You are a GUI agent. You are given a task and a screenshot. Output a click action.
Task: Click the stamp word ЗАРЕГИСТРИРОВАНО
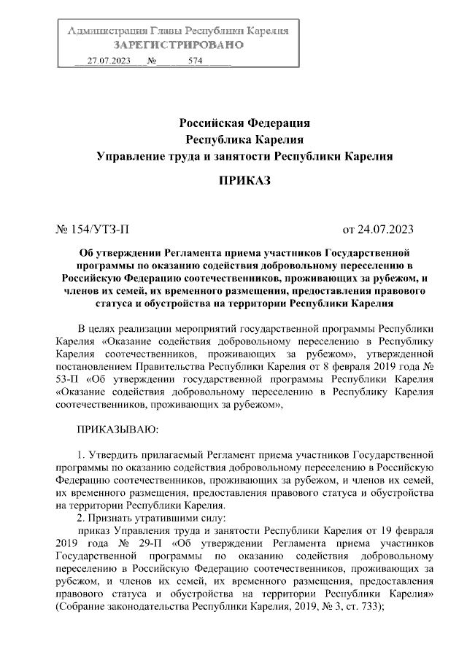coord(178,45)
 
